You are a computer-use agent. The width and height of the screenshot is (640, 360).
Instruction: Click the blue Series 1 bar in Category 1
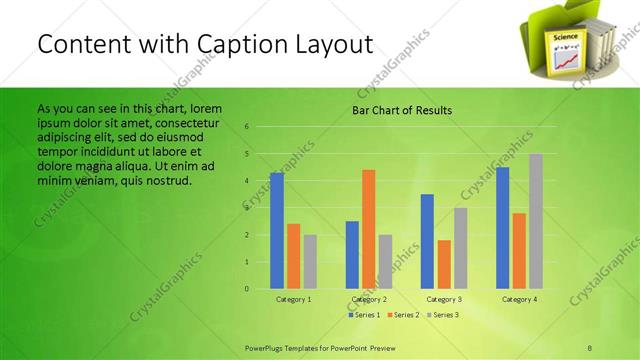click(x=277, y=231)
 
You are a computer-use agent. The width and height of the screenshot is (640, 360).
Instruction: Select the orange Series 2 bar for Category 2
click(x=368, y=229)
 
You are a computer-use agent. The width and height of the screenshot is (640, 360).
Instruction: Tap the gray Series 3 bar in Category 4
click(x=536, y=221)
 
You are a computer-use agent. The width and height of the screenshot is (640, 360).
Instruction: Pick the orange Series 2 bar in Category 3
click(x=443, y=264)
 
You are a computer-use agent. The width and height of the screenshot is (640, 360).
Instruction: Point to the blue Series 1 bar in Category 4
click(x=502, y=228)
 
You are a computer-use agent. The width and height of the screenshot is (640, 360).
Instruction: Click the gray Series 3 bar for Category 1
click(x=310, y=262)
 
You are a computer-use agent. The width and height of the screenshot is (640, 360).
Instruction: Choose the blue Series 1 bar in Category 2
click(x=352, y=255)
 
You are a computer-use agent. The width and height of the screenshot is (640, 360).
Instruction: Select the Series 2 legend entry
click(x=404, y=315)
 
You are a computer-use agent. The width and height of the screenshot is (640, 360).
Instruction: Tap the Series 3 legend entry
click(x=442, y=315)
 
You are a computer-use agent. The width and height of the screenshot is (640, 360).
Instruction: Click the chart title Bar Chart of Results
click(x=402, y=110)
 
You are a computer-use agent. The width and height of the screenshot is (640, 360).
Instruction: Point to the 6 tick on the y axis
click(x=246, y=127)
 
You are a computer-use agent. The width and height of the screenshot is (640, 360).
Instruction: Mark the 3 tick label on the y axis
click(x=246, y=208)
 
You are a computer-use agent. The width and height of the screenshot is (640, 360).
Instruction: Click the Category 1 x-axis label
click(x=293, y=299)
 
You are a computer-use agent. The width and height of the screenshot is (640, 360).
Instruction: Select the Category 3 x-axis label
click(x=443, y=299)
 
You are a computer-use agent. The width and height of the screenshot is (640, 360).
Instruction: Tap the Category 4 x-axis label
click(x=518, y=299)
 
